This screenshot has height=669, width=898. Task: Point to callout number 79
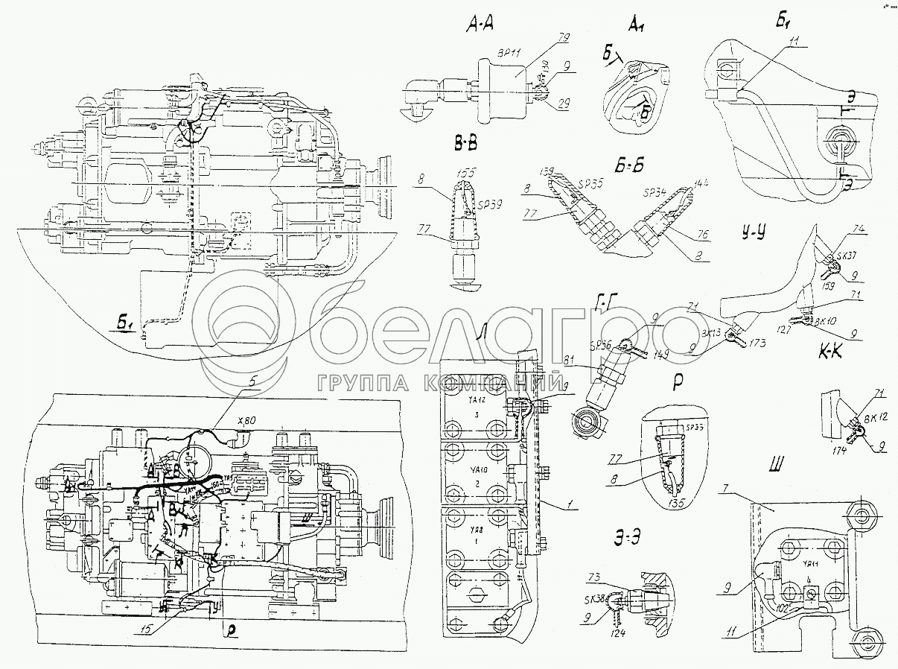564,37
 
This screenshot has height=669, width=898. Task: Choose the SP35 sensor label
589,180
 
